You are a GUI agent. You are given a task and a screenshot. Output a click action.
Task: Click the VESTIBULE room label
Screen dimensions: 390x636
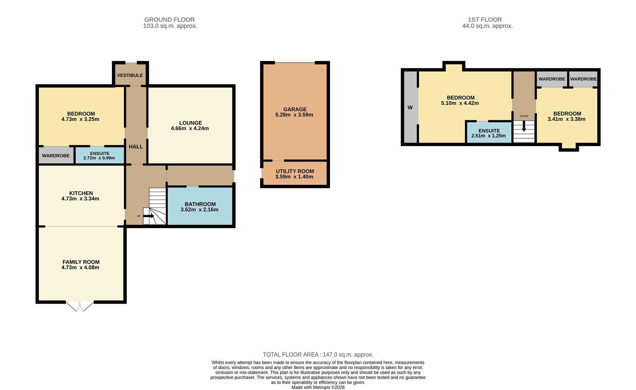click(130, 75)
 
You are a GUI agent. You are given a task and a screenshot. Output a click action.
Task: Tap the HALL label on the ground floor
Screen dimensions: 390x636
click(136, 147)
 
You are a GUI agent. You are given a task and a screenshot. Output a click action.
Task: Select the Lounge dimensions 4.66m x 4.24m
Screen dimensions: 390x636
click(190, 128)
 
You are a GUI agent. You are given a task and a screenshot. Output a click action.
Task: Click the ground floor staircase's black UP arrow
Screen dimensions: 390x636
click(148, 216)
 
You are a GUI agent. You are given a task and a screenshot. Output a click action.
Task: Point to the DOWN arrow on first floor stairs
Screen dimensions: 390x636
click(524, 128)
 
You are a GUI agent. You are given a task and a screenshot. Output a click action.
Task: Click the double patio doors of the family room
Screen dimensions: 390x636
click(80, 307)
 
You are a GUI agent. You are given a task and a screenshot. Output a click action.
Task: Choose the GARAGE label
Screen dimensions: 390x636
click(295, 109)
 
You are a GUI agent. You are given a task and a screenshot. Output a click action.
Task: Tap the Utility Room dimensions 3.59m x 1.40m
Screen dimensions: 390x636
click(294, 177)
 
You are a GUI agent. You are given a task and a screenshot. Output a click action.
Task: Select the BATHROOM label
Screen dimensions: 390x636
click(200, 204)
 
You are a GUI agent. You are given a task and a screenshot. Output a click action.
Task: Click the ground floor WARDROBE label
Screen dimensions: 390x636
click(56, 156)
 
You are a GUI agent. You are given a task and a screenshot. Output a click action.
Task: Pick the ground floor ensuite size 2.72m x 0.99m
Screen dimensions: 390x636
click(99, 158)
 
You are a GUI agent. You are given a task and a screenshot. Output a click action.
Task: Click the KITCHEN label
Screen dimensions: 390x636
click(81, 193)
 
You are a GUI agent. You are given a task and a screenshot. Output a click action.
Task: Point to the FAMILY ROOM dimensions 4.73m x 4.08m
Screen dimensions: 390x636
click(80, 268)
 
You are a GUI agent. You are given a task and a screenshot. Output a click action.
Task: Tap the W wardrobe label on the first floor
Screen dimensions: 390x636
click(410, 108)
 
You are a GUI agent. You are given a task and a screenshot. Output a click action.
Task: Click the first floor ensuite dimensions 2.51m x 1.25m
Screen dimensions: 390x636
click(488, 136)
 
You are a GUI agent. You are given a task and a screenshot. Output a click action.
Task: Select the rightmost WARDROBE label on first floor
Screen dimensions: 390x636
click(583, 79)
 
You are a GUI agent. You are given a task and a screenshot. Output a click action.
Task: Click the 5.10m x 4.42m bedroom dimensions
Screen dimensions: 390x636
click(460, 103)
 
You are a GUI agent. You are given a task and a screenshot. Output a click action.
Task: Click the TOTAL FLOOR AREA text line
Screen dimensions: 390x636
click(318, 355)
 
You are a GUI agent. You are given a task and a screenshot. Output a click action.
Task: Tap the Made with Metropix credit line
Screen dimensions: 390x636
click(318, 387)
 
